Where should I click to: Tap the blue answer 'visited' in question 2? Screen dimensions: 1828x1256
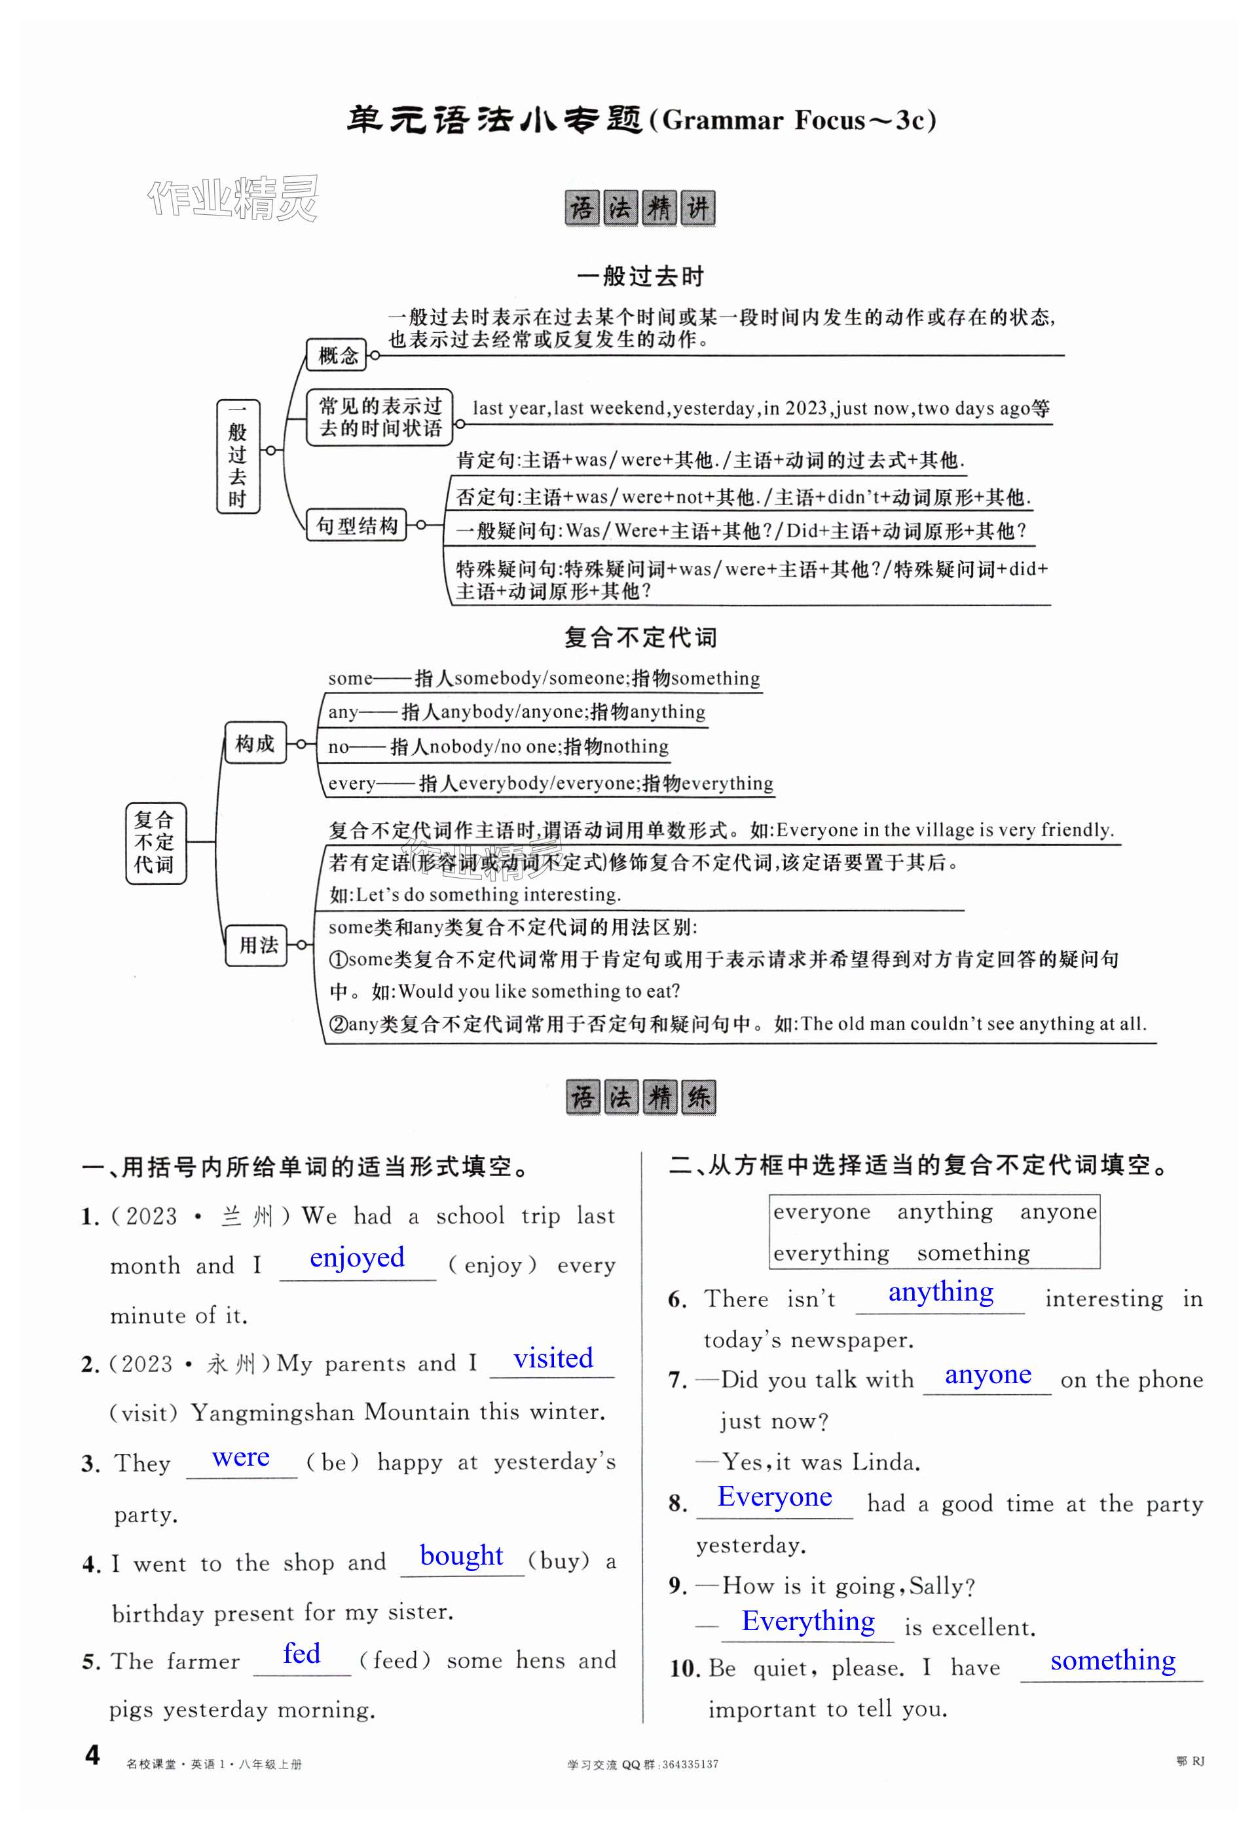553,1359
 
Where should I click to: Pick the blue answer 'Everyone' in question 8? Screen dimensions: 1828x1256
775,1496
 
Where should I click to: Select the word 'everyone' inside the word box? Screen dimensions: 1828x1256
822,1212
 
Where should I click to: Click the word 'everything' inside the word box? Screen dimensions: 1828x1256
831,1253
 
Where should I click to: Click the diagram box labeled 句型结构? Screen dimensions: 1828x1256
356,525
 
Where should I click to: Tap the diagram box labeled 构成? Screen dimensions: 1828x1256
255,743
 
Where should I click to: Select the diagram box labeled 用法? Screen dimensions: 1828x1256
258,945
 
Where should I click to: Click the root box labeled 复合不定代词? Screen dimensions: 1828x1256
155,843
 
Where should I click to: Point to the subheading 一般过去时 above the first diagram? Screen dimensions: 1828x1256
640,276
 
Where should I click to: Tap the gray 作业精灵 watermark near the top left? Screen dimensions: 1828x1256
233,198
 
